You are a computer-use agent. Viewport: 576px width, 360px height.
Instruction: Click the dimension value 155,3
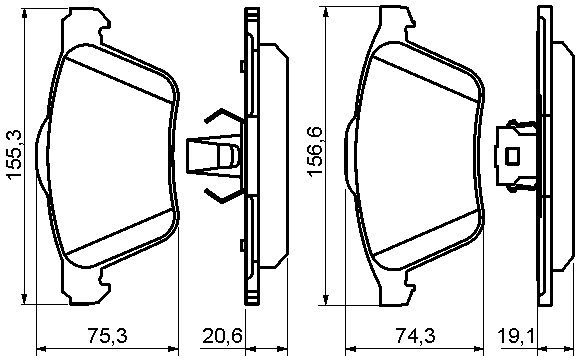click(x=15, y=155)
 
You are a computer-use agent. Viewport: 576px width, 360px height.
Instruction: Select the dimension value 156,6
click(x=315, y=151)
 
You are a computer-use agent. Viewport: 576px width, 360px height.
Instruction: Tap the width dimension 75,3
click(x=108, y=336)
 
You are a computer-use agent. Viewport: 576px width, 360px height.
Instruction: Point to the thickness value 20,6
click(x=223, y=336)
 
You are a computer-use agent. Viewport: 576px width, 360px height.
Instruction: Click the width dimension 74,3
click(x=415, y=336)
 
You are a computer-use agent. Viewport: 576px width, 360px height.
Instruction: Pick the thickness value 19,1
click(x=515, y=336)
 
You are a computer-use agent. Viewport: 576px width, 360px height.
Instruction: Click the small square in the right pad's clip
click(x=512, y=156)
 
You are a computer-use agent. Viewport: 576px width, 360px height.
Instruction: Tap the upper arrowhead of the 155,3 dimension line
click(x=24, y=14)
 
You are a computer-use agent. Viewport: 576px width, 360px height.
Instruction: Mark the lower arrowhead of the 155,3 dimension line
click(x=24, y=298)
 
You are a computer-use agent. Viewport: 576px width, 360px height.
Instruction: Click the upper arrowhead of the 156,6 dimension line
click(x=325, y=12)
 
